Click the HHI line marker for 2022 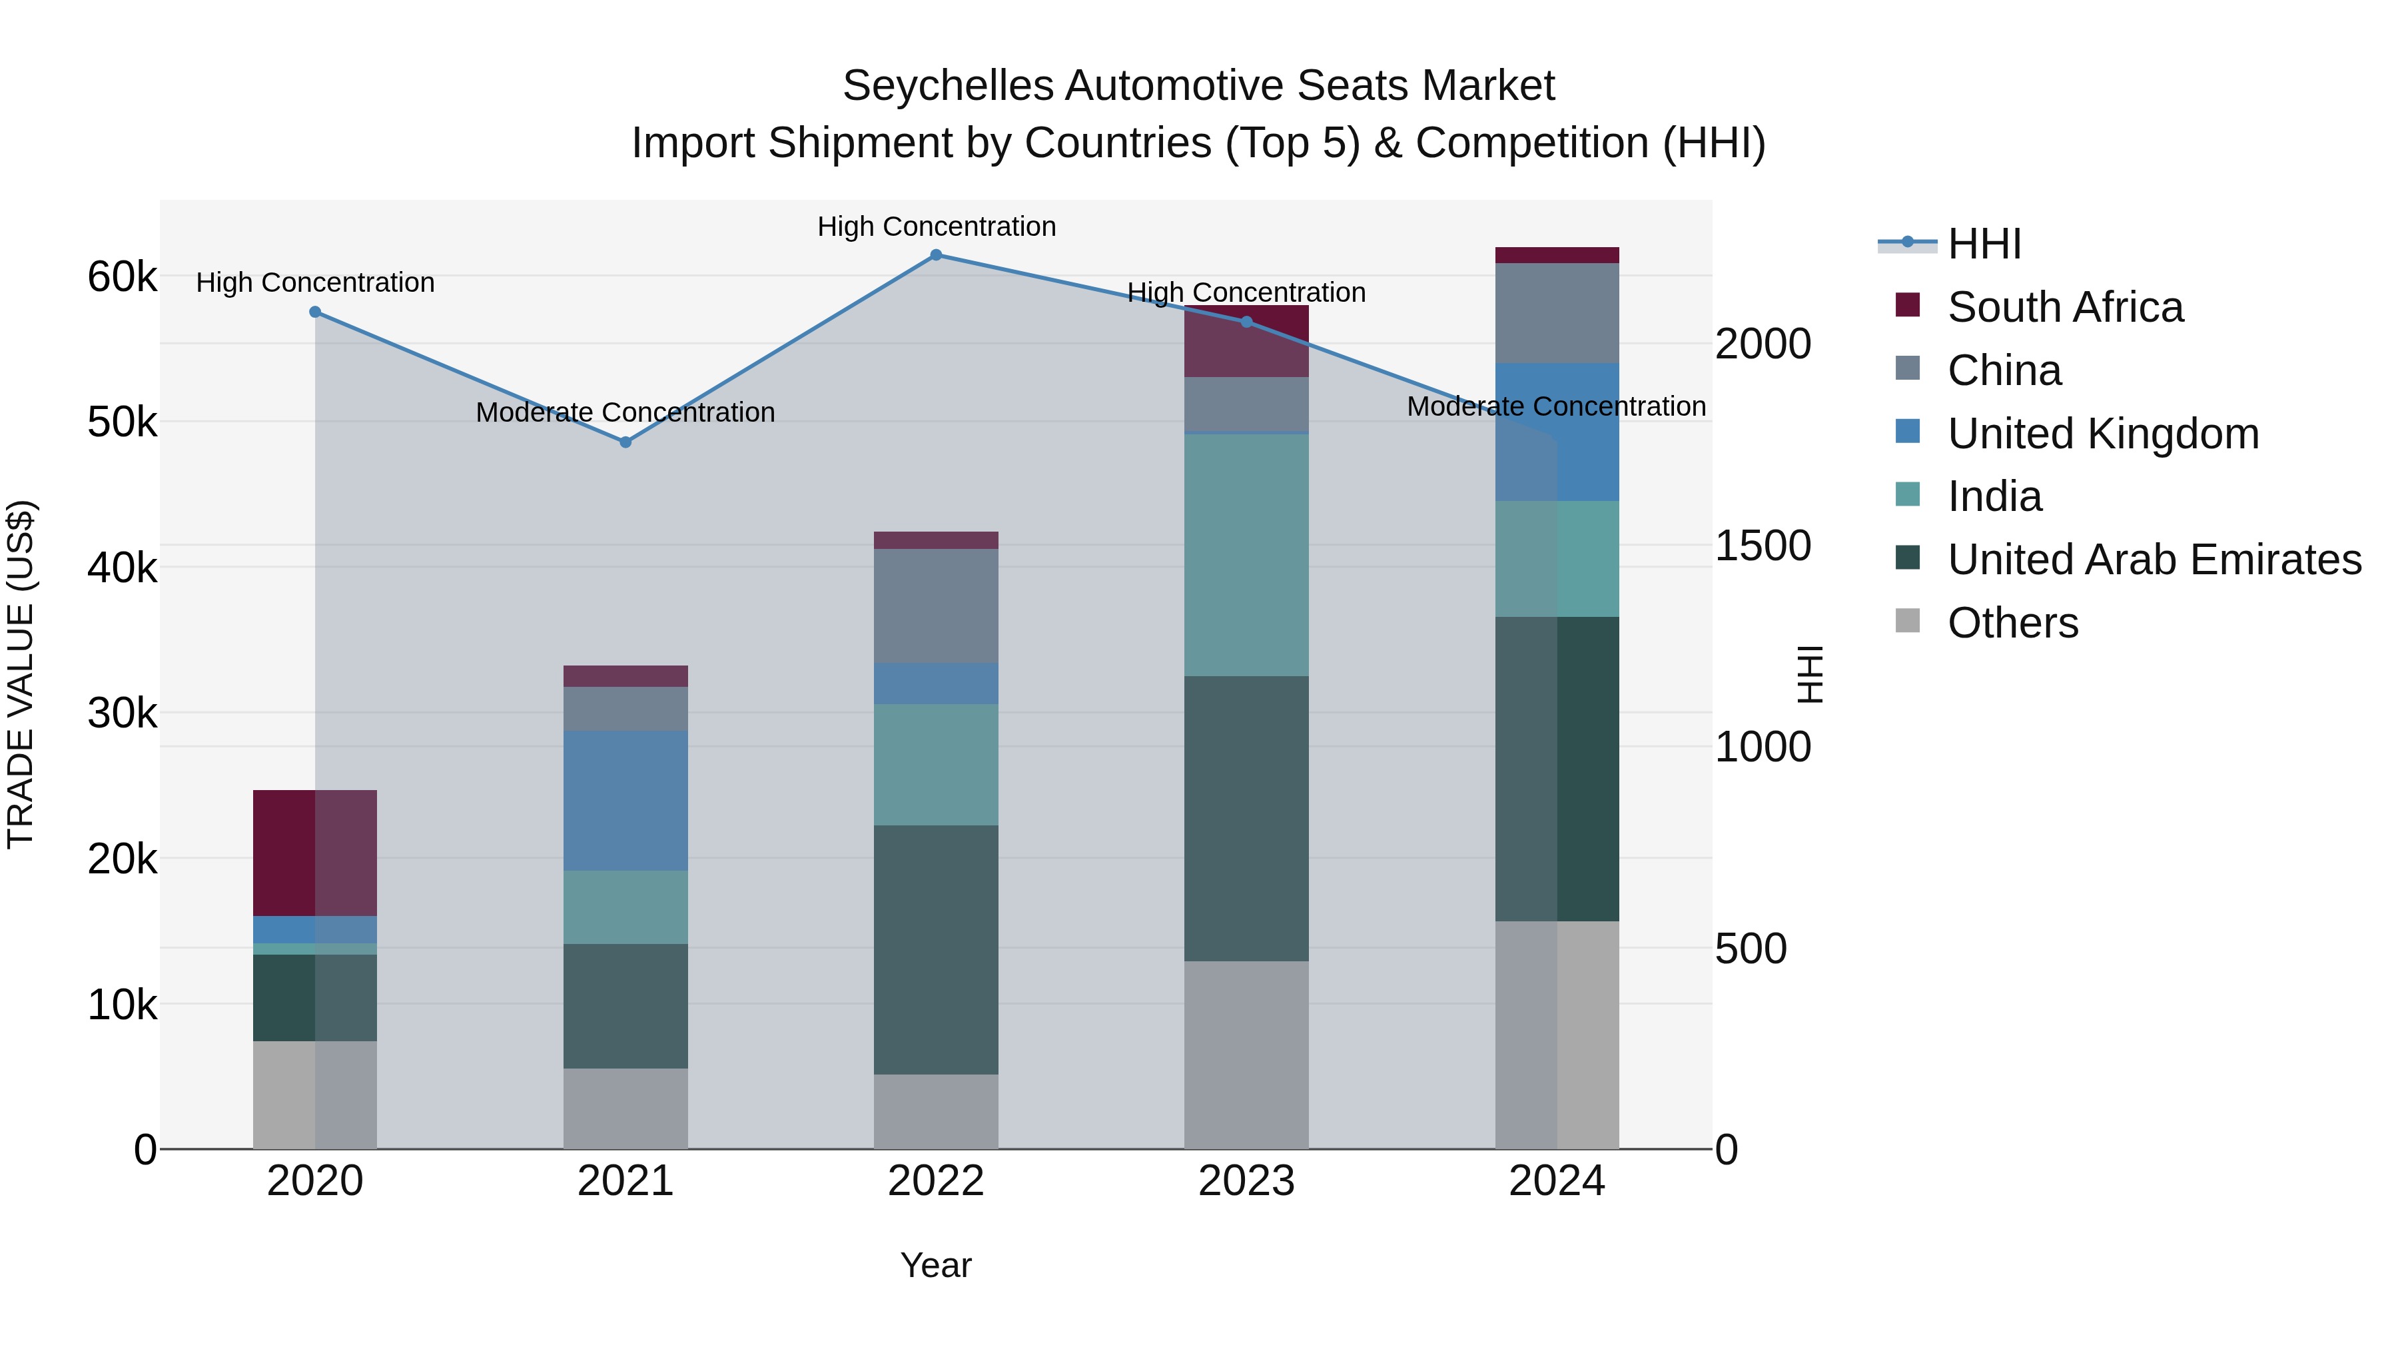click(937, 255)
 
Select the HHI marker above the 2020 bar click(316, 312)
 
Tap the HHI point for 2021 click(625, 442)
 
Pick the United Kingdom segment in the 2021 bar click(625, 801)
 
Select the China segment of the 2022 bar click(936, 606)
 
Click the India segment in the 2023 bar click(1246, 555)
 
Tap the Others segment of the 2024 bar click(1557, 1035)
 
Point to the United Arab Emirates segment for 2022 click(936, 949)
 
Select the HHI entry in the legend click(1983, 244)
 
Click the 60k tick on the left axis click(122, 276)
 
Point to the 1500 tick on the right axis click(1762, 546)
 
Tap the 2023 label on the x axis click(1246, 1181)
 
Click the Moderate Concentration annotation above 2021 click(625, 412)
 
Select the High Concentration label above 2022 click(937, 226)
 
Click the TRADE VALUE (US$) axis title click(21, 674)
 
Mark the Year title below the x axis click(936, 1265)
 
